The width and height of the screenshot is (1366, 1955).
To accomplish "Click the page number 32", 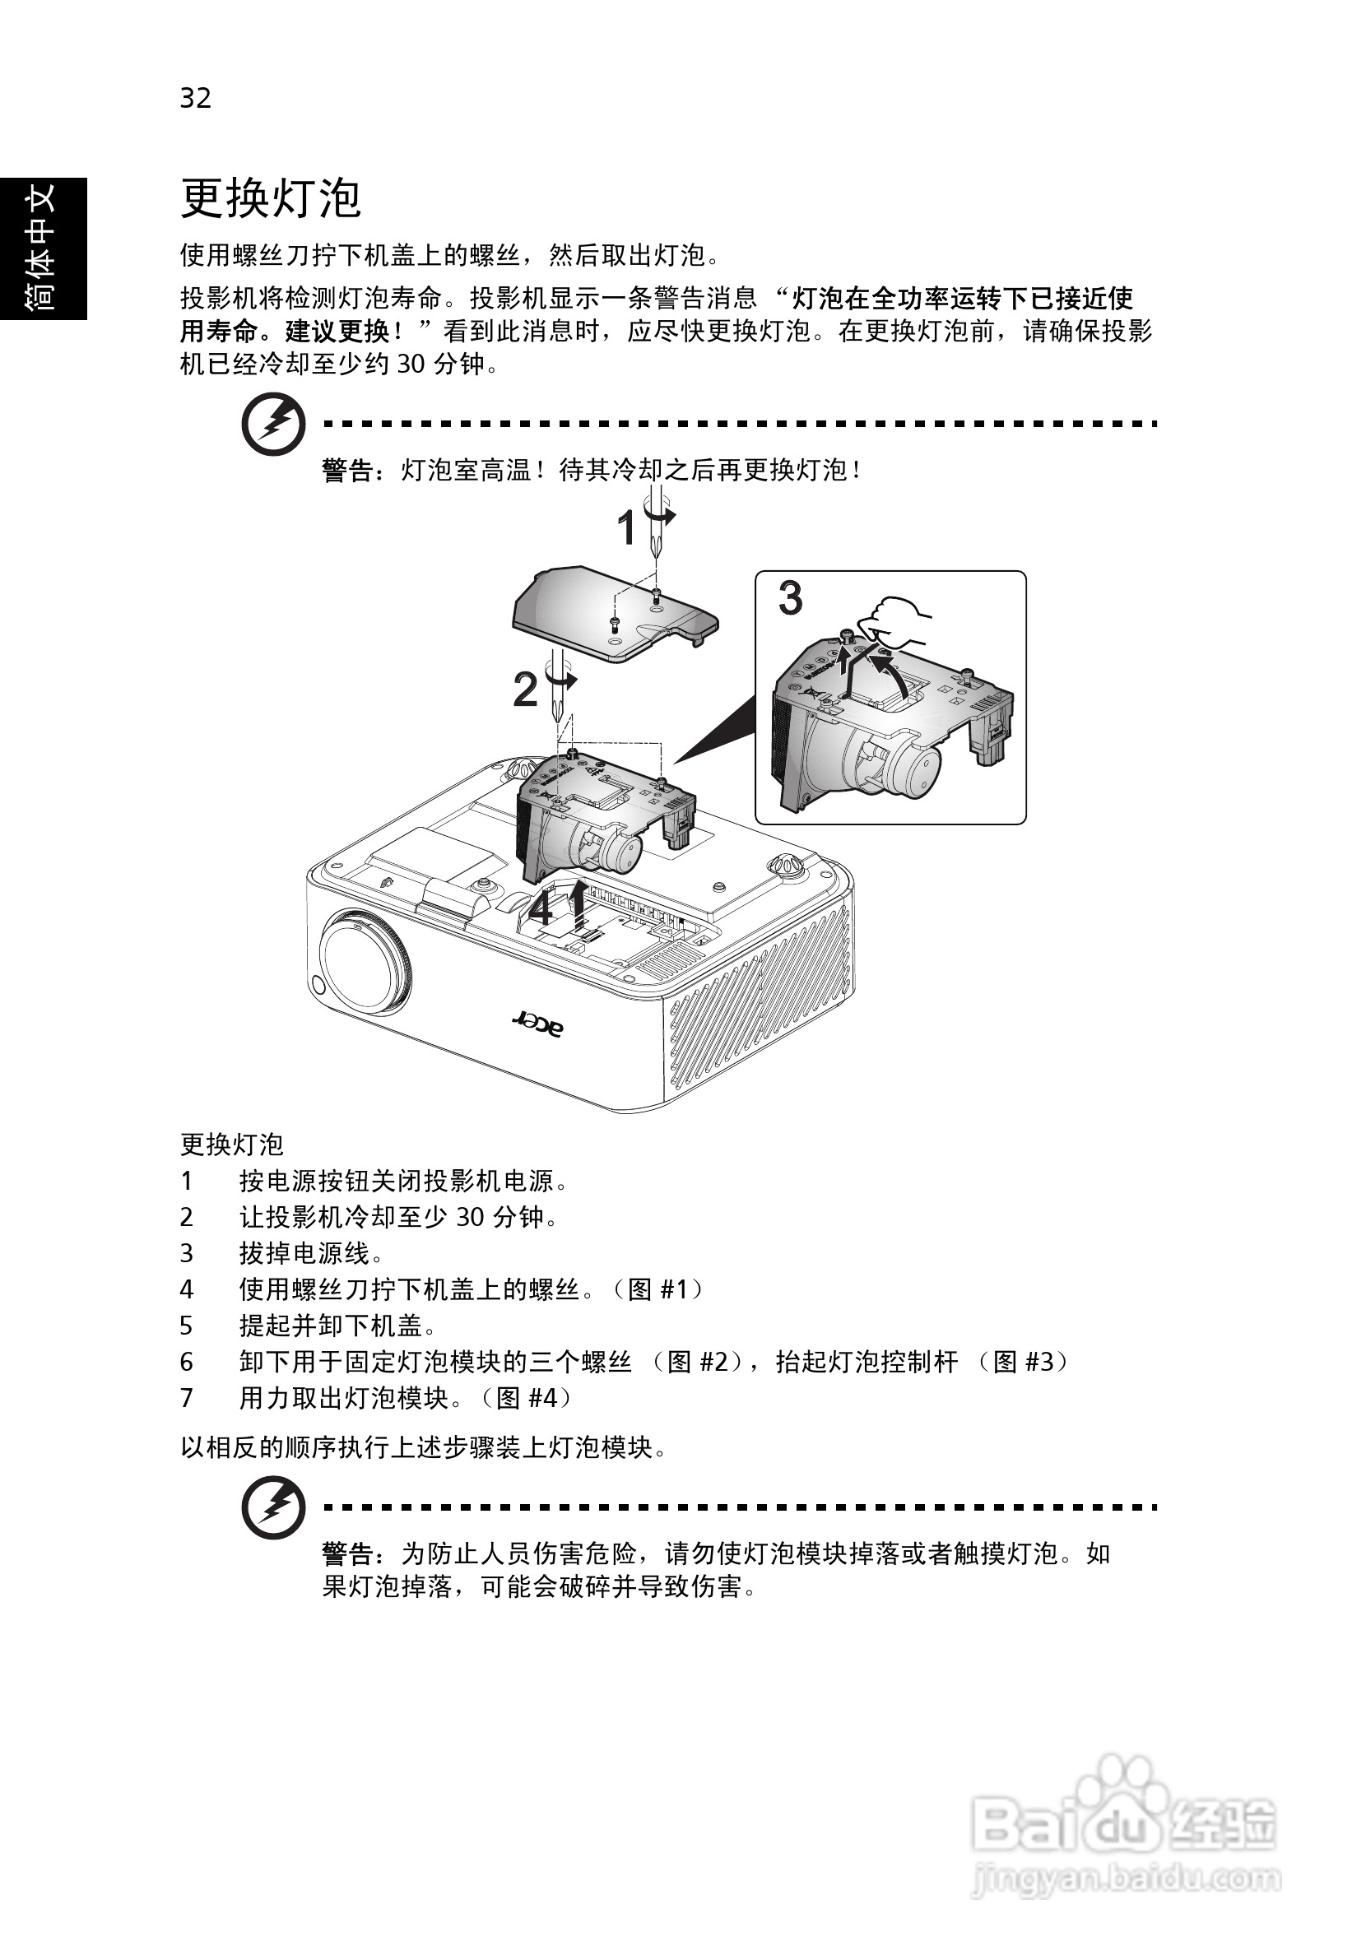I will coord(195,98).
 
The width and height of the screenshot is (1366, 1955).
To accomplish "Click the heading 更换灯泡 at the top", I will coord(270,198).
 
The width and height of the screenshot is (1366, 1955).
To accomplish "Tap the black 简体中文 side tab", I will coord(43,248).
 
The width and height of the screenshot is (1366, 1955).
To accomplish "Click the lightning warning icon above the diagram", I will coord(272,423).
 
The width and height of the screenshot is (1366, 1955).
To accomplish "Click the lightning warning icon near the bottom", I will coord(272,1507).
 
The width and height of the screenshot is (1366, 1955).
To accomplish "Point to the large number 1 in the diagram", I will coord(627,529).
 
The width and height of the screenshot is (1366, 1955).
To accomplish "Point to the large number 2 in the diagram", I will coord(526,690).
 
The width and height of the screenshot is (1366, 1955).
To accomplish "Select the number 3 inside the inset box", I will coord(790,597).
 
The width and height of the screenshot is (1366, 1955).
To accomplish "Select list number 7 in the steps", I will coord(187,1397).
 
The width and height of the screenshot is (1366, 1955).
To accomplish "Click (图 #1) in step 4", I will coord(657,1289).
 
